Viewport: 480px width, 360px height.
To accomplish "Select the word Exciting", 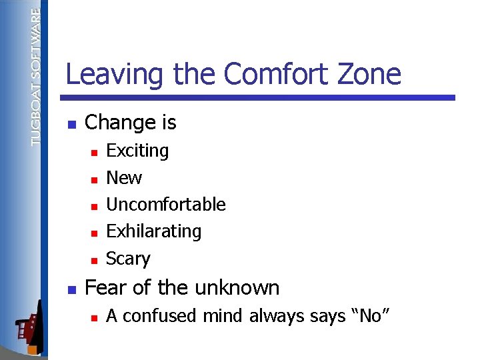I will pos(137,151).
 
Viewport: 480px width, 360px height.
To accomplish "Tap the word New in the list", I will pos(124,178).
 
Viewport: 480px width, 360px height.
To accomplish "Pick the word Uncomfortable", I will pos(166,205).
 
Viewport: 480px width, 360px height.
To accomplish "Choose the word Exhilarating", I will pos(153,231).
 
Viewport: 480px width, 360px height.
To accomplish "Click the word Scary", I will pos(128,259).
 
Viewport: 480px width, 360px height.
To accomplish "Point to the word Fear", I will pos(105,288).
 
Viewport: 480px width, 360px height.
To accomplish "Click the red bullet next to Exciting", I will pos(95,153).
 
